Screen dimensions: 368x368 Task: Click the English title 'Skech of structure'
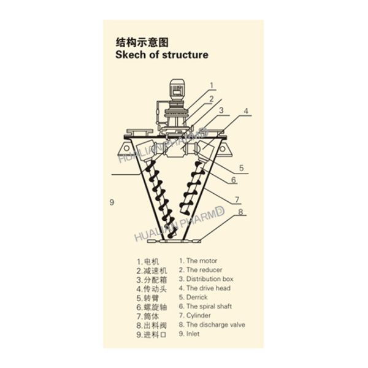[162, 55]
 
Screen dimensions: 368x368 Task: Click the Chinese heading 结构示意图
[142, 42]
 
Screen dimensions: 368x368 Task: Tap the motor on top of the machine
[179, 91]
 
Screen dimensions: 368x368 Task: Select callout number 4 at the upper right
[245, 111]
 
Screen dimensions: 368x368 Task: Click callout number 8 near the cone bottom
[241, 212]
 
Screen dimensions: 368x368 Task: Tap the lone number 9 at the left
[112, 202]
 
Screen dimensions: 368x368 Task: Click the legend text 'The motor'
[200, 260]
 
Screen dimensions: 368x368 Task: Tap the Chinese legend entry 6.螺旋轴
[150, 307]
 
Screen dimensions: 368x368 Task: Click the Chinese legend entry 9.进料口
[150, 335]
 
